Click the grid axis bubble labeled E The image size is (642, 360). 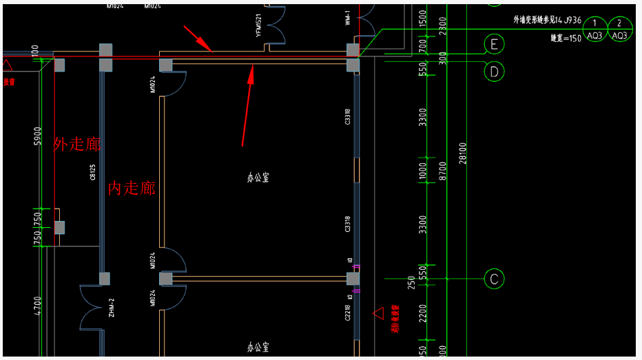click(x=494, y=45)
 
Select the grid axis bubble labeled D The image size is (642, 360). click(x=494, y=70)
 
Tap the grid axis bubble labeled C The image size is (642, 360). click(x=494, y=279)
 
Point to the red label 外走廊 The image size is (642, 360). click(x=77, y=144)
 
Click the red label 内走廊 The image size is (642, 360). click(x=131, y=188)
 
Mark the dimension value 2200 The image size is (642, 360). click(x=423, y=313)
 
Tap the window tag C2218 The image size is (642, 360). click(x=349, y=314)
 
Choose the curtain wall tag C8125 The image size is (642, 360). click(x=92, y=172)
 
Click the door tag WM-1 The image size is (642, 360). click(x=349, y=18)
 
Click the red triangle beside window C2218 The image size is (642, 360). click(x=378, y=313)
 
